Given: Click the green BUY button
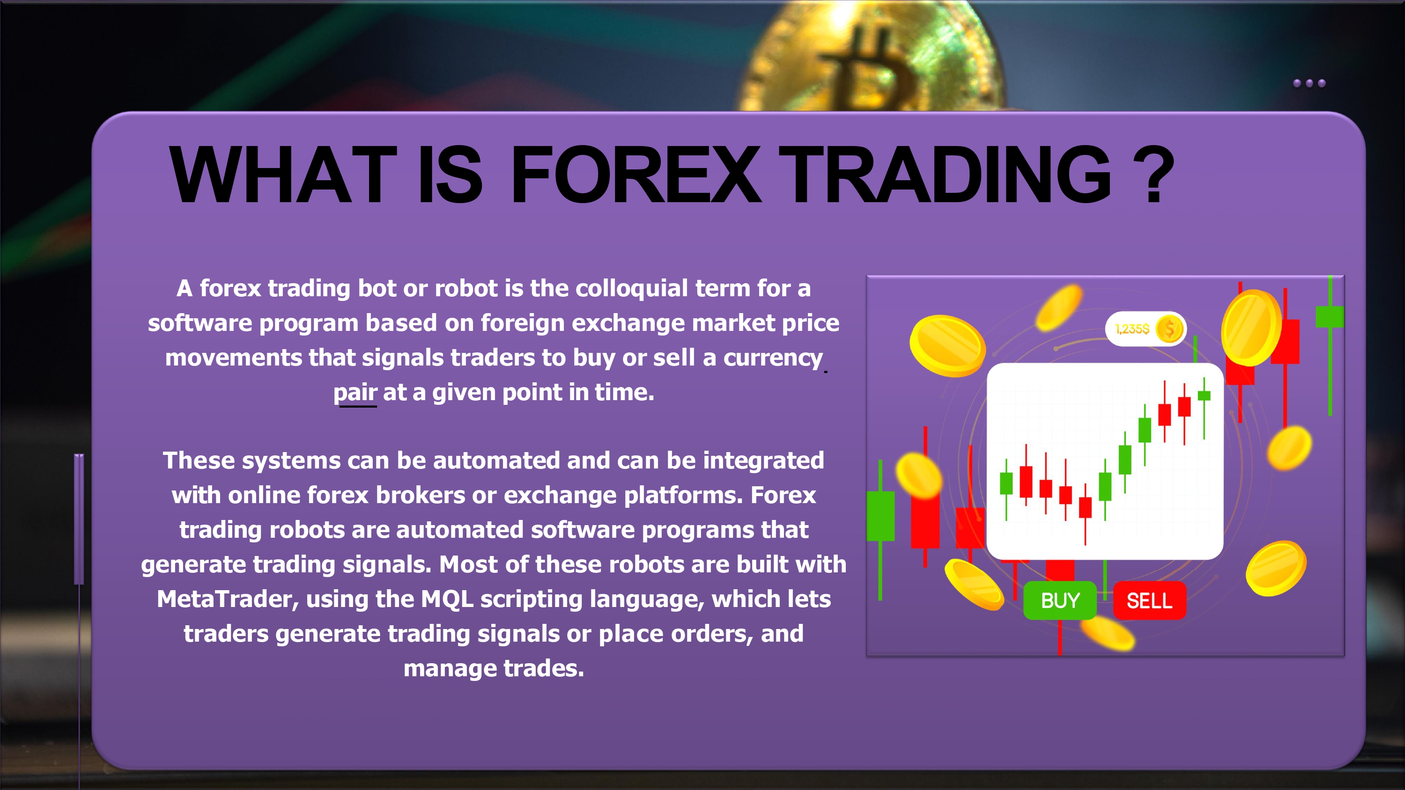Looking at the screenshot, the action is [x=1060, y=600].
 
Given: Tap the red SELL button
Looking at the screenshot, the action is [x=1149, y=600].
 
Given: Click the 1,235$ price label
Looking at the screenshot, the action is [x=1132, y=329].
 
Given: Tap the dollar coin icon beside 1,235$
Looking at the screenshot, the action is [x=1169, y=329].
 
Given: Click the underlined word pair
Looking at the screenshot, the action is [x=355, y=393].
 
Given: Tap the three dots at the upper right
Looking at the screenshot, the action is [x=1309, y=83].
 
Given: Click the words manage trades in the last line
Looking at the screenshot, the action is [x=494, y=668].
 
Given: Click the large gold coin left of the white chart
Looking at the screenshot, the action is [x=947, y=346].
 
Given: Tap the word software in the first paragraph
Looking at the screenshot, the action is [x=200, y=323].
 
